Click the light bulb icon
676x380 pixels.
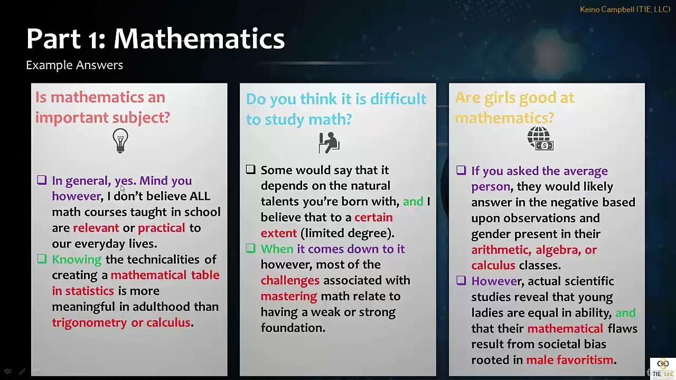tap(120, 140)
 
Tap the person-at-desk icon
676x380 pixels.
tap(328, 142)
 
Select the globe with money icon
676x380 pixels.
tap(540, 139)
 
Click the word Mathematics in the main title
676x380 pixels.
tap(199, 39)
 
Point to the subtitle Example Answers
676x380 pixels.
tap(74, 65)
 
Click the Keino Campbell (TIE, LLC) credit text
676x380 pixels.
tap(625, 9)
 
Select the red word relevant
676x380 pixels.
tap(96, 228)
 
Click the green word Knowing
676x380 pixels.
tap(77, 260)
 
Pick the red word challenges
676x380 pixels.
tap(290, 280)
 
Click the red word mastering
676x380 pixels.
tap(289, 296)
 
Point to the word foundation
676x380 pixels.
tap(293, 328)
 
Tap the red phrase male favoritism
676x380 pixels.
tap(570, 360)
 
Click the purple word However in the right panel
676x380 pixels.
tap(495, 281)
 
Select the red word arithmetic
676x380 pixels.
tap(500, 250)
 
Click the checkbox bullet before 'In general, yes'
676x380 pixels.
tap(42, 180)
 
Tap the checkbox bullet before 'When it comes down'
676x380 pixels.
tap(251, 249)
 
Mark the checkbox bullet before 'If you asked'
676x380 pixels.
tap(461, 170)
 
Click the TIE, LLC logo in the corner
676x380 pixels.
tap(662, 367)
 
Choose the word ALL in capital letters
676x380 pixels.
tap(200, 196)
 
